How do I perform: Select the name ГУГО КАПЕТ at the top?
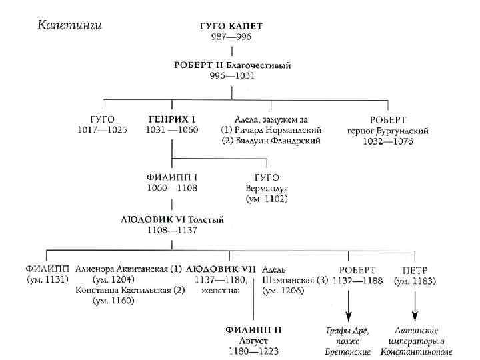point(232,25)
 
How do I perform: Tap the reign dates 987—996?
point(232,36)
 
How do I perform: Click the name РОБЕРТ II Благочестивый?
point(232,65)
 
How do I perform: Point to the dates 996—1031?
point(232,76)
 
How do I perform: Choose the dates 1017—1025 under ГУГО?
point(101,130)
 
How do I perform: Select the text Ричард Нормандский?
point(279,130)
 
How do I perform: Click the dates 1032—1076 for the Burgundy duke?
point(388,141)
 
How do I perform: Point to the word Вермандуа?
point(267,189)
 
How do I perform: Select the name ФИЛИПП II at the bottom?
point(253,330)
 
